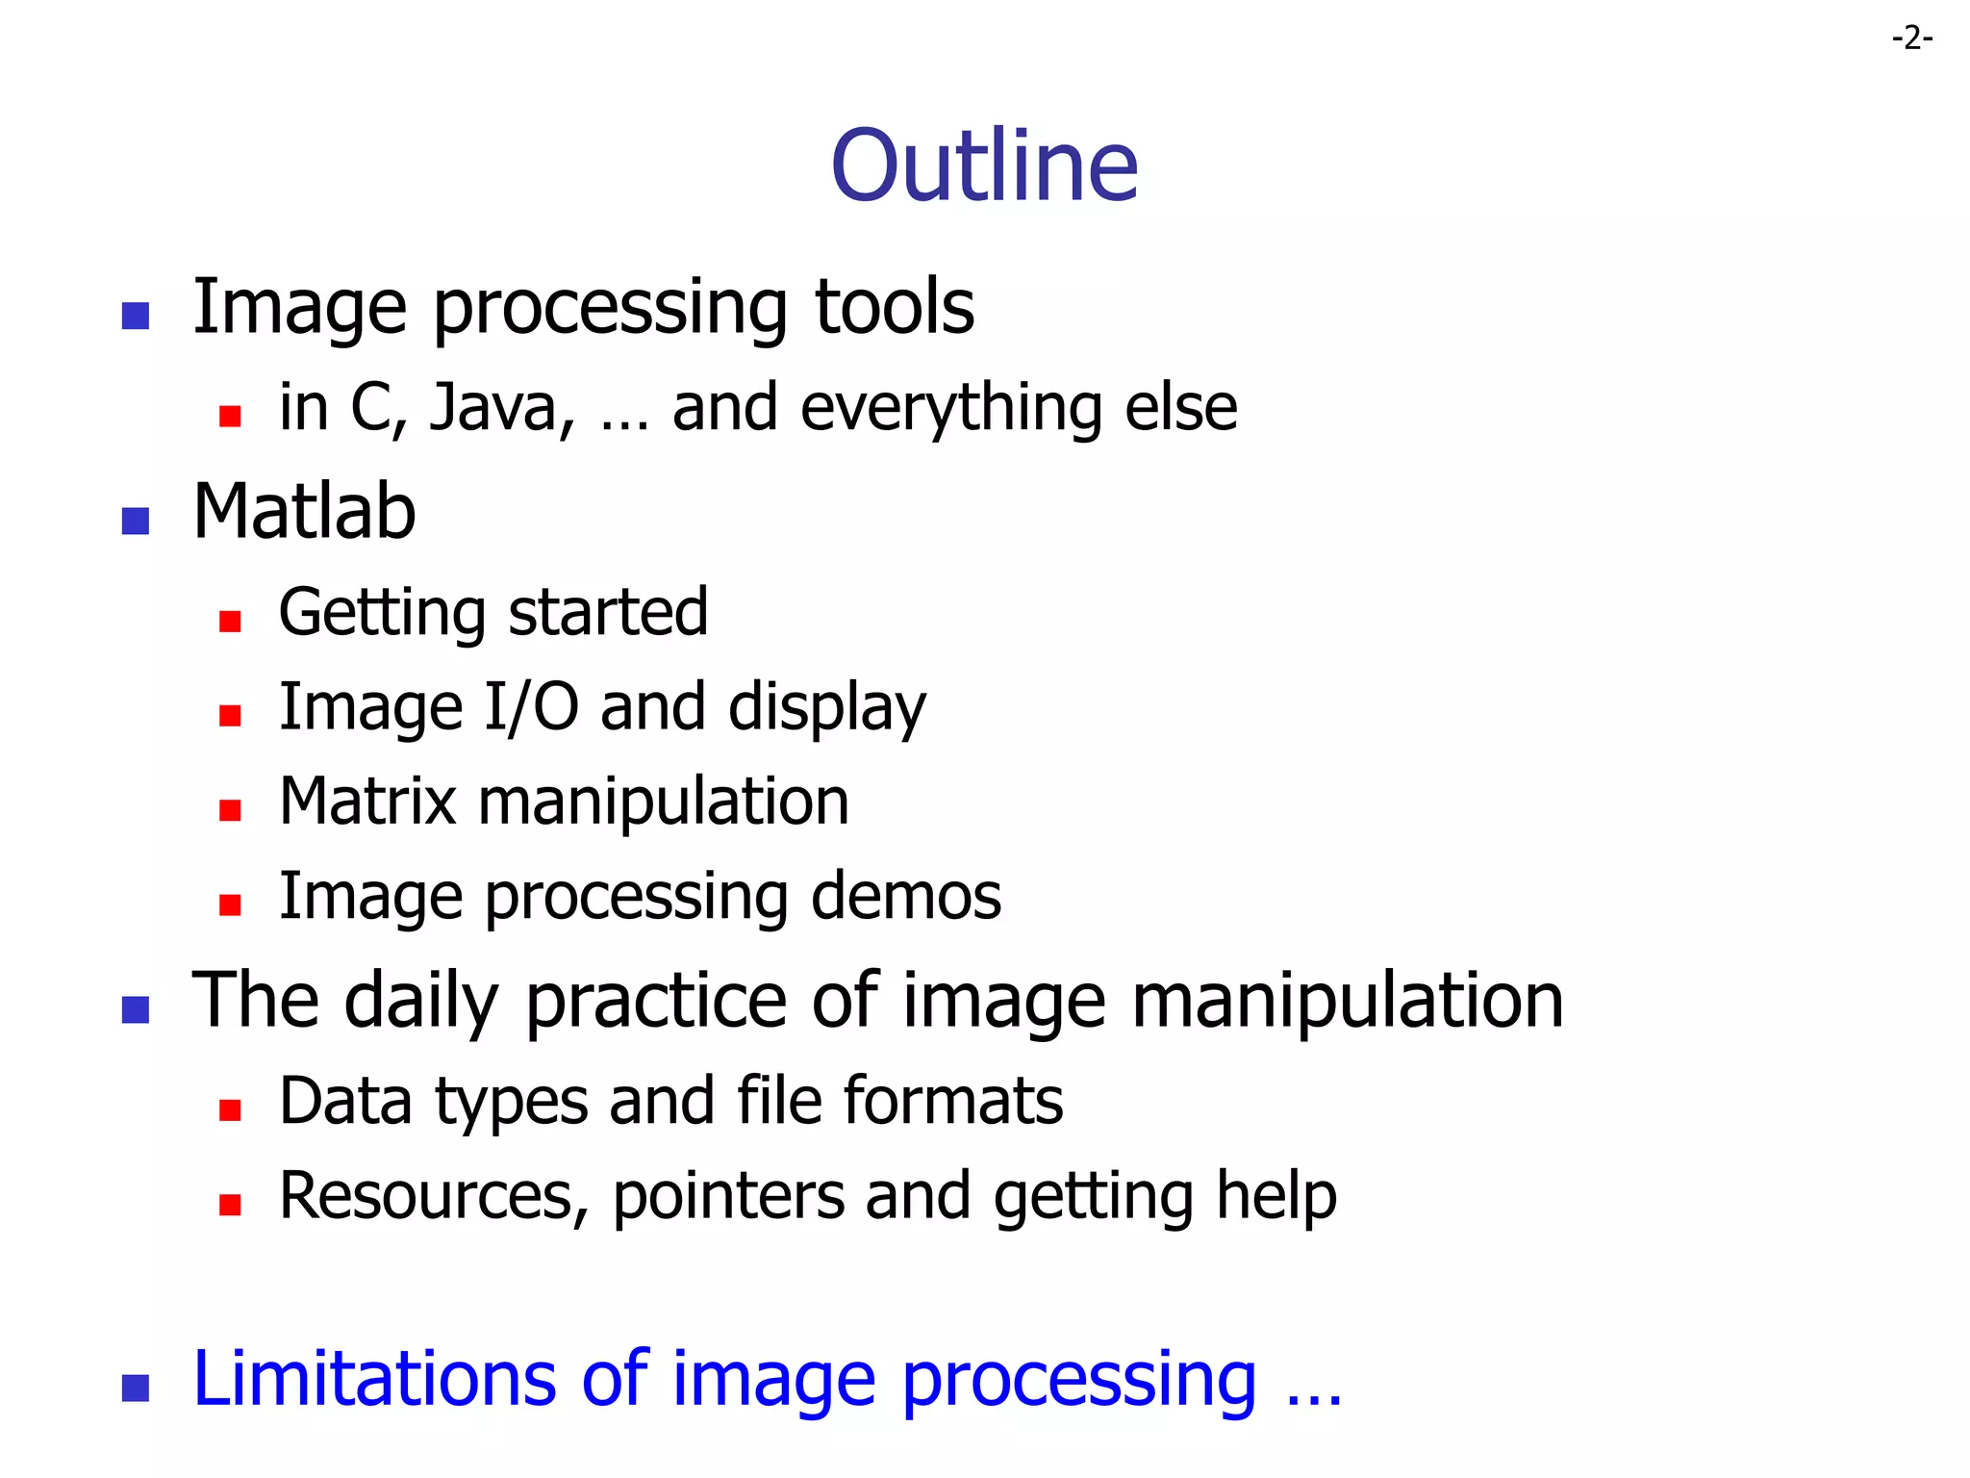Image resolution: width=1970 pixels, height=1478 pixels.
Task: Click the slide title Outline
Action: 984,166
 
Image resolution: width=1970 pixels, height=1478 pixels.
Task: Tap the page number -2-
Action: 1911,38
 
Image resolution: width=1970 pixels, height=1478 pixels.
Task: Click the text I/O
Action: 531,707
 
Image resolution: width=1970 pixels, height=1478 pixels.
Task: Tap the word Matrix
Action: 366,802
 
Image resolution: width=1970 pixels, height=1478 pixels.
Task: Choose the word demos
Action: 905,897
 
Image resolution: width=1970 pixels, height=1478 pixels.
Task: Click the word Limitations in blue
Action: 374,1380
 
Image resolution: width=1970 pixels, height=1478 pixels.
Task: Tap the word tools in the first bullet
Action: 894,308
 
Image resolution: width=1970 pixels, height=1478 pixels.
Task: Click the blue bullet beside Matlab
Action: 136,521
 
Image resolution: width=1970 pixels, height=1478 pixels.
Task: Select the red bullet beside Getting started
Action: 230,622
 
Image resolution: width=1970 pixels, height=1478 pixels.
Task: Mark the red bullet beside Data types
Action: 230,1111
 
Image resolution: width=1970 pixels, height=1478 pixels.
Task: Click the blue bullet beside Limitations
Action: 136,1389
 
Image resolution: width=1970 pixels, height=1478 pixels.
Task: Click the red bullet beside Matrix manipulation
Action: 230,810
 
